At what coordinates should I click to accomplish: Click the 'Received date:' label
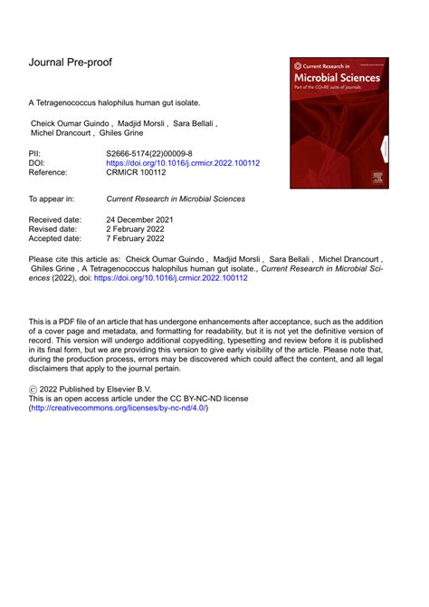click(56, 220)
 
